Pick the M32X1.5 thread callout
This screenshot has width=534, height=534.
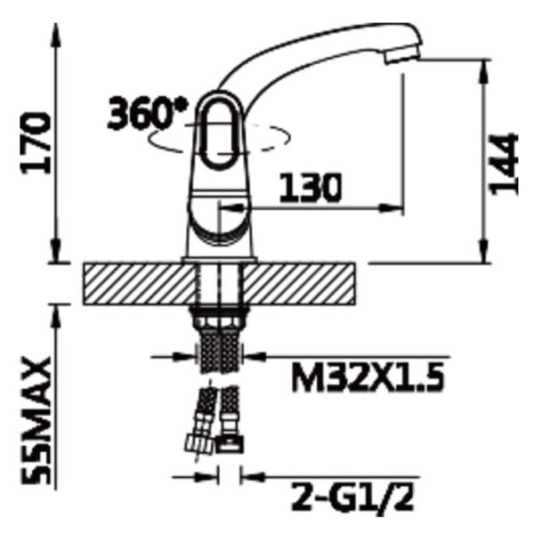(x=365, y=380)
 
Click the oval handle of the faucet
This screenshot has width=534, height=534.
(x=215, y=132)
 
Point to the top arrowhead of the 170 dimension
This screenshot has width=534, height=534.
(x=58, y=31)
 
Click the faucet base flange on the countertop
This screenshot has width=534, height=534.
(x=219, y=259)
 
